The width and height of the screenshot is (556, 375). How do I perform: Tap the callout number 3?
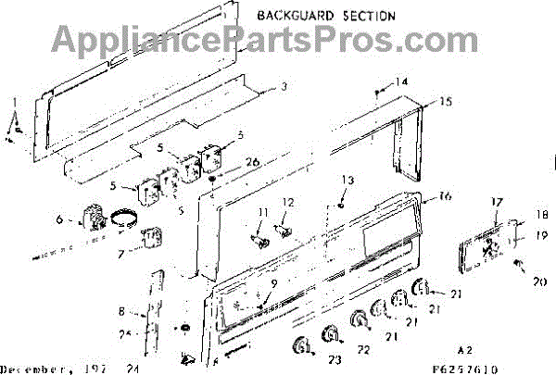pos(285,88)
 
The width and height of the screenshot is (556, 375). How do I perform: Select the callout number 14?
pos(401,82)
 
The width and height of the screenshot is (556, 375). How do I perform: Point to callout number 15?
pos(446,101)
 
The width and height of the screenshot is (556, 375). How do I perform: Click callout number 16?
pos(445,196)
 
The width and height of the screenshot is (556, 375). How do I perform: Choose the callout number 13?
pos(347,179)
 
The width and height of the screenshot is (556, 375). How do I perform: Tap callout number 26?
pos(228,162)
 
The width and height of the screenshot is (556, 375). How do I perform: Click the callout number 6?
pos(58,220)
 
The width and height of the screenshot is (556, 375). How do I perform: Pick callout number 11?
pos(261,214)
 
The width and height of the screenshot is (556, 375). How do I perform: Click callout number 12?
pos(288,202)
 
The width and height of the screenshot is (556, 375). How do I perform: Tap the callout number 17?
pos(497,202)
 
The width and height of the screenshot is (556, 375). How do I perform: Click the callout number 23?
pos(335,361)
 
